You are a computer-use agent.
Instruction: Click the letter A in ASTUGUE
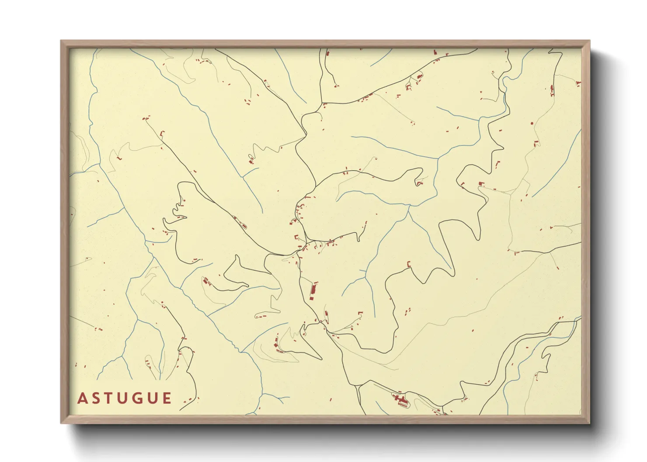point(82,399)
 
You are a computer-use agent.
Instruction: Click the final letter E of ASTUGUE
point(167,399)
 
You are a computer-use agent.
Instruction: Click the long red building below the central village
point(313,291)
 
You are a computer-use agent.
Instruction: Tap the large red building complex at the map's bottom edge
point(400,399)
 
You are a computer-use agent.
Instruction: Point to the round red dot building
point(532,124)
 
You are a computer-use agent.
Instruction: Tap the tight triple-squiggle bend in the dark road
point(179,210)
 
